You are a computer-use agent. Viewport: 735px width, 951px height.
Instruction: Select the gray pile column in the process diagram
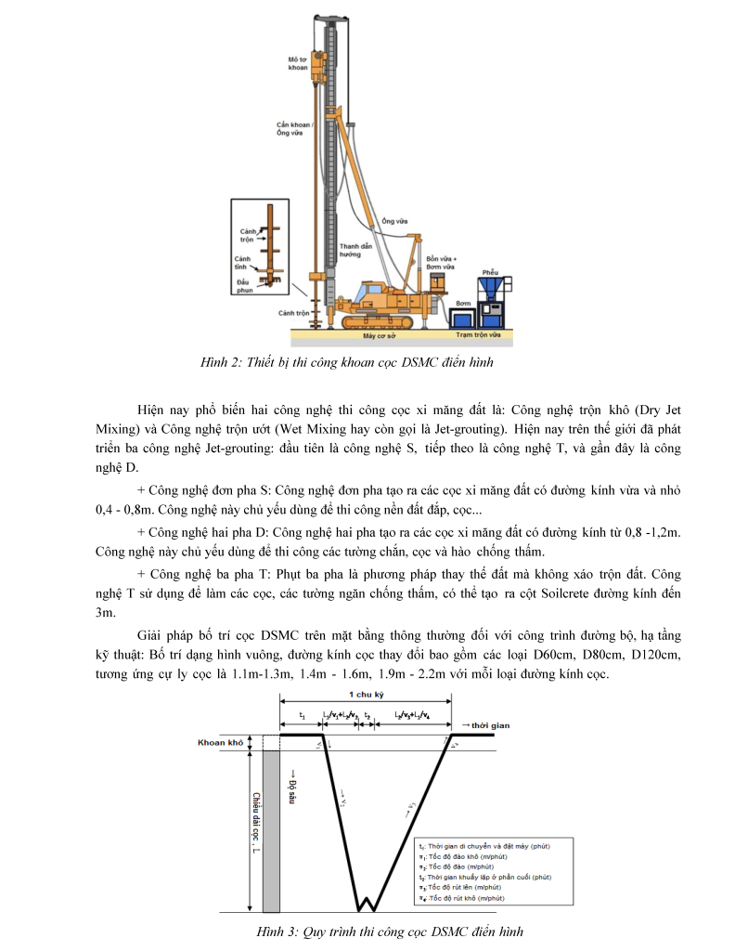[271, 827]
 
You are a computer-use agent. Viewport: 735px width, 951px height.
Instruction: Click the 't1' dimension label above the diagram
[301, 717]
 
